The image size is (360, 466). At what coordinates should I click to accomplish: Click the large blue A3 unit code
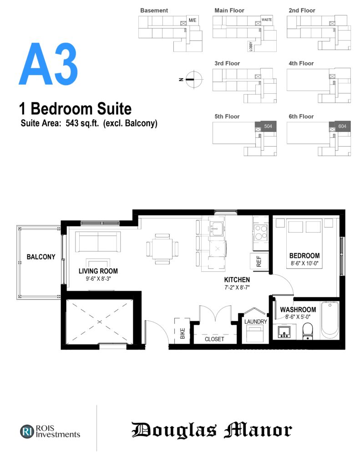(x=48, y=64)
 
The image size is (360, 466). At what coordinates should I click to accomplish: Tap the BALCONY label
(x=41, y=257)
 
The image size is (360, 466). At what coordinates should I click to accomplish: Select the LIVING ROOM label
(x=98, y=271)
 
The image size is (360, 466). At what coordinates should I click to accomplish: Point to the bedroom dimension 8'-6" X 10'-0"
(x=304, y=263)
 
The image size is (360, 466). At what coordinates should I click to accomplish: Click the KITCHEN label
(x=237, y=280)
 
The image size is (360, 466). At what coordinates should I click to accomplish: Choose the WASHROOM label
(x=298, y=309)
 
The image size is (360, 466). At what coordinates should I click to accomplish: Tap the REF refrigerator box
(x=259, y=261)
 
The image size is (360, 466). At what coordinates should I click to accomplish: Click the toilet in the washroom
(x=308, y=331)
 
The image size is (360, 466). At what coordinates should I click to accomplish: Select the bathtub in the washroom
(x=330, y=320)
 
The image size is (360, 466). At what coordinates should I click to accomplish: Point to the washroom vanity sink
(x=284, y=332)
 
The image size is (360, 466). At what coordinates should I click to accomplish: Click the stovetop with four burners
(x=261, y=232)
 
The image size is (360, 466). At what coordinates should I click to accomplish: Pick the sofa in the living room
(x=98, y=242)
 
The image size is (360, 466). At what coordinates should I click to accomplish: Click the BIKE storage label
(x=183, y=333)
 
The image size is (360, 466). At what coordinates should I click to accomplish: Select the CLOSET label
(x=214, y=339)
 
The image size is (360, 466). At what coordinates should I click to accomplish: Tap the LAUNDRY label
(x=256, y=322)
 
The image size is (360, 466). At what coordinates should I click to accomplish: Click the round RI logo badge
(x=27, y=431)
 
